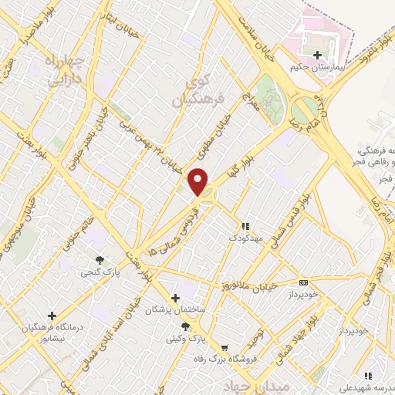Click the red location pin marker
(198, 180)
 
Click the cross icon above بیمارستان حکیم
(317, 55)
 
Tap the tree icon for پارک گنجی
(99, 260)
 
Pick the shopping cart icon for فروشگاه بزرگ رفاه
(224, 349)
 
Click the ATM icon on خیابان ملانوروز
(303, 282)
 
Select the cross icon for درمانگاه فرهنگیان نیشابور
(52, 315)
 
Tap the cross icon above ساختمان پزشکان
(175, 297)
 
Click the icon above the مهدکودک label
(245, 226)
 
